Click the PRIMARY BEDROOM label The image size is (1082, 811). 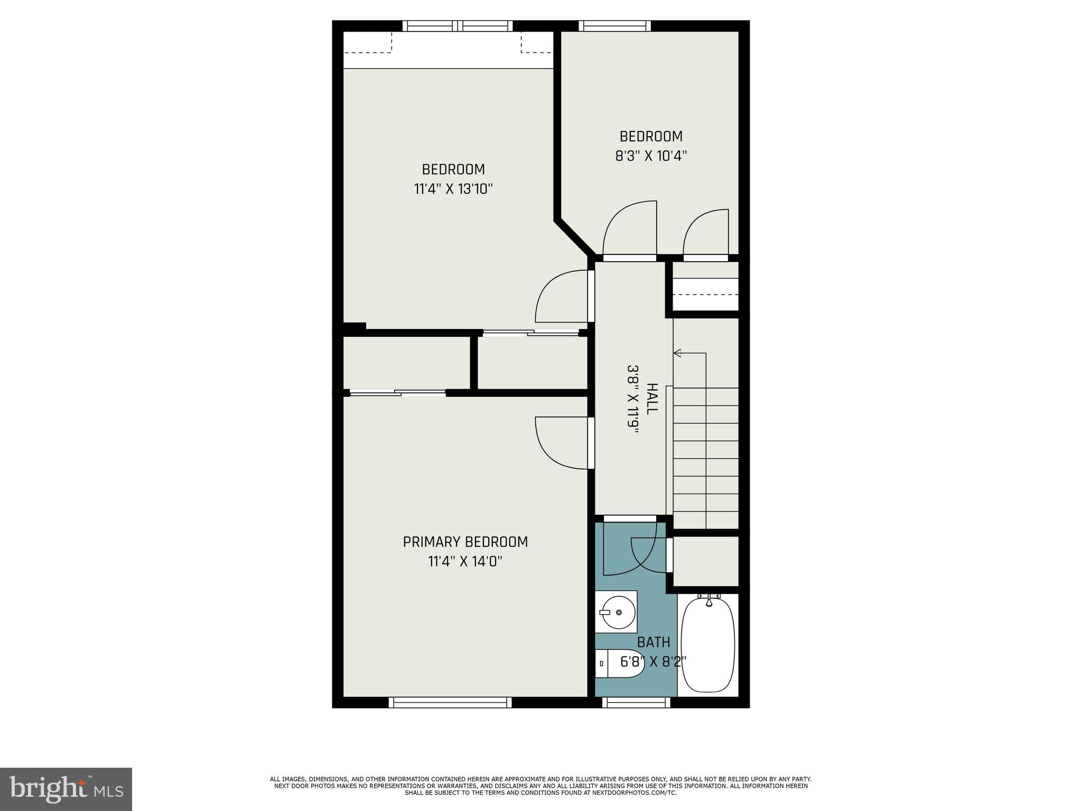(x=465, y=542)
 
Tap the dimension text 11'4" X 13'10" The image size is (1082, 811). (x=453, y=189)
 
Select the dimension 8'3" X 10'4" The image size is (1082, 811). (x=651, y=156)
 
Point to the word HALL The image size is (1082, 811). (x=652, y=399)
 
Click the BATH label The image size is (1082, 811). (x=654, y=642)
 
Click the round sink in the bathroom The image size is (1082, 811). (x=617, y=612)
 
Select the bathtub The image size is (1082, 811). (x=708, y=647)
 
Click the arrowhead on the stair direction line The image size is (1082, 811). (x=677, y=353)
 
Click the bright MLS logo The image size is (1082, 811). (x=66, y=789)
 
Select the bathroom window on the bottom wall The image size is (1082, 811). (x=636, y=703)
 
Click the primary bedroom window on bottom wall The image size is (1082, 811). (x=450, y=703)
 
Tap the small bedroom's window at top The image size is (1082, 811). (x=614, y=26)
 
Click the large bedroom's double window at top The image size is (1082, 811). (x=458, y=26)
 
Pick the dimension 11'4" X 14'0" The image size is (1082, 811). (x=465, y=561)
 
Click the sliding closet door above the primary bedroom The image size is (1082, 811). (x=398, y=392)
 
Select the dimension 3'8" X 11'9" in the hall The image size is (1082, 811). (x=633, y=399)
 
